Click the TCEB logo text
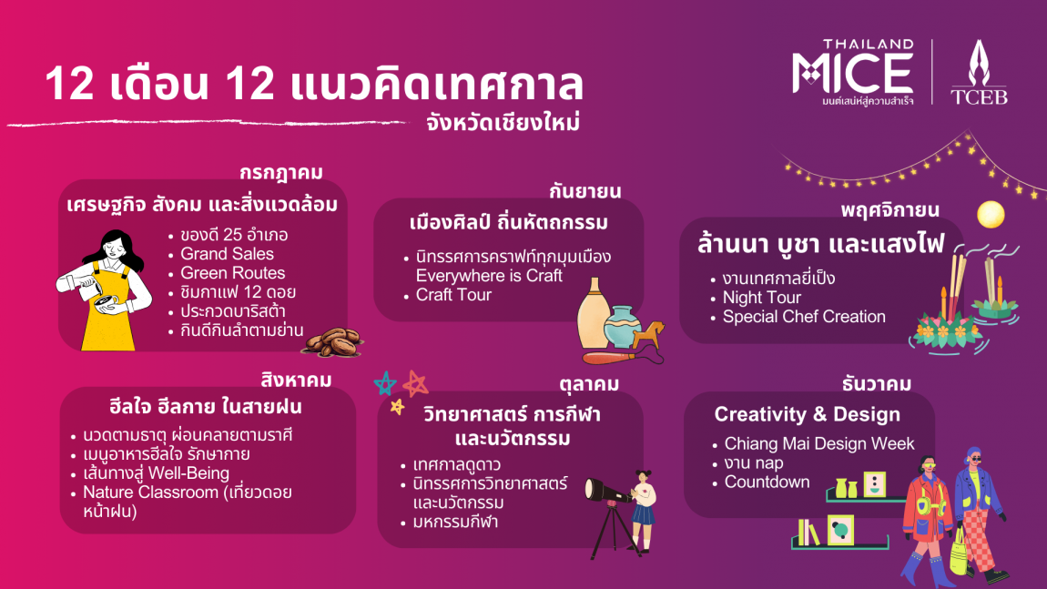979,96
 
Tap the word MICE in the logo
853,73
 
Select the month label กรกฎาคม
281,173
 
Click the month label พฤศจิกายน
890,210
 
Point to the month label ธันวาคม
876,384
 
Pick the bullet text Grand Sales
227,254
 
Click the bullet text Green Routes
232,273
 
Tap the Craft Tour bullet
453,295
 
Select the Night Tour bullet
761,298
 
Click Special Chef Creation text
804,317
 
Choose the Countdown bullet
767,482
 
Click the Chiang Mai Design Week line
819,443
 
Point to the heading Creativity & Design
808,415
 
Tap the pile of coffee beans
333,341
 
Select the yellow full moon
991,215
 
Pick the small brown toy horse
649,335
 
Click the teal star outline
385,384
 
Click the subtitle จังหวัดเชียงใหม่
503,124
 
